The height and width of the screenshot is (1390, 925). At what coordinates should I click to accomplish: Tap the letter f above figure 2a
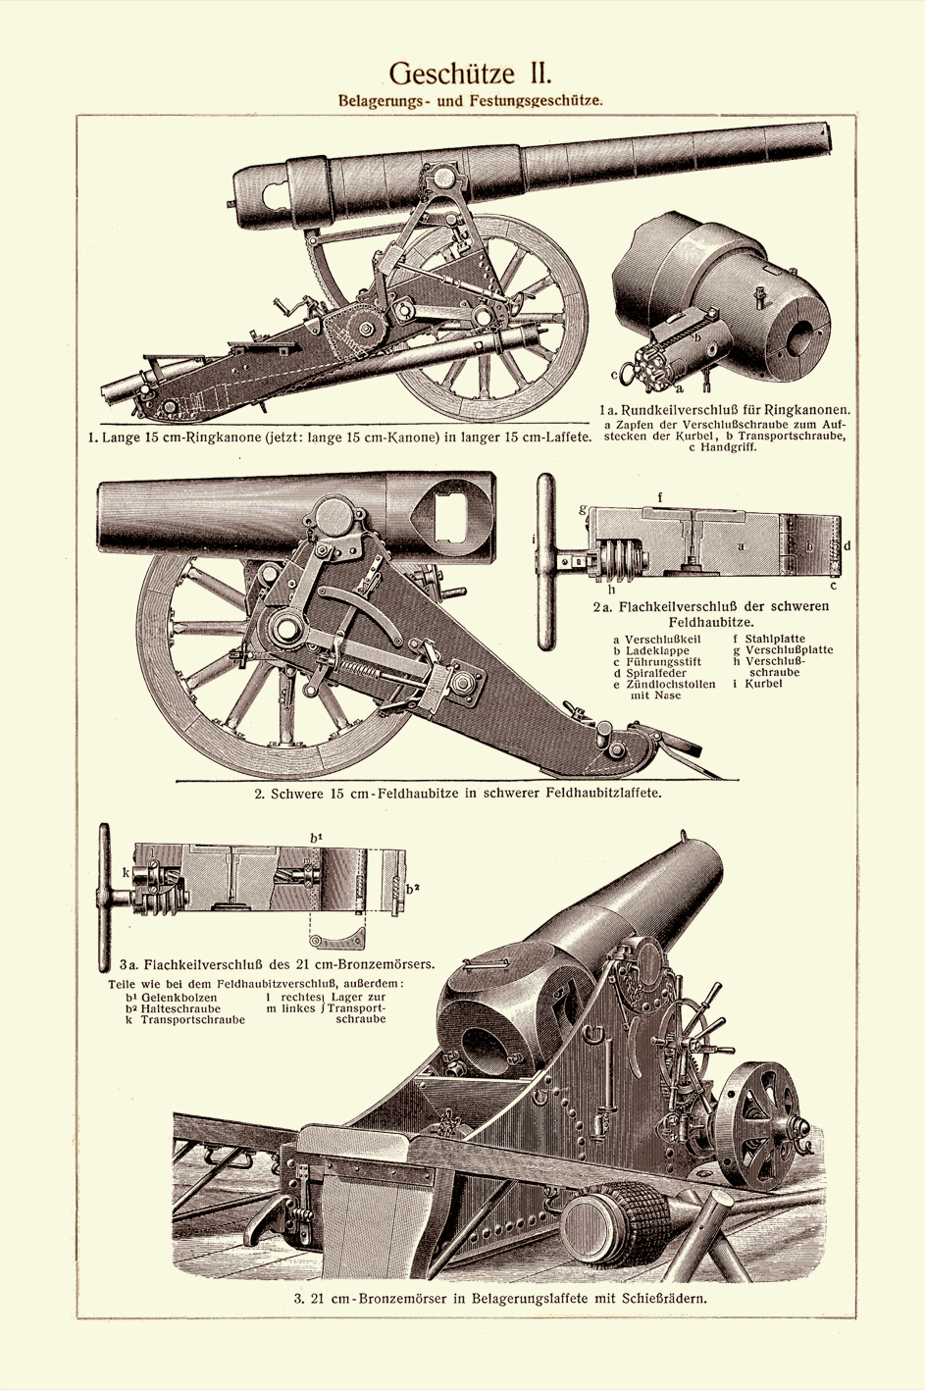[660, 497]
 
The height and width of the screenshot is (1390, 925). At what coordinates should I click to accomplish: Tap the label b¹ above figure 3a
[317, 837]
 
